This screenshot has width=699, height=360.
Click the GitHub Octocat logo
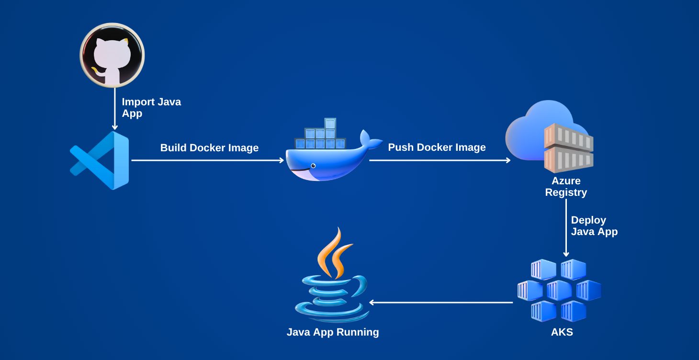pos(112,55)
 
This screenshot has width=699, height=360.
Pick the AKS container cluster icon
pos(559,290)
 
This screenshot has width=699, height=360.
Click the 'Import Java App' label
pos(151,108)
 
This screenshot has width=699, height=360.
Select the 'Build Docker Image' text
pos(209,148)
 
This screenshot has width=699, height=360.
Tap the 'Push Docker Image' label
pos(437,147)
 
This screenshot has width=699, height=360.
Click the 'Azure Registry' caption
pos(566,187)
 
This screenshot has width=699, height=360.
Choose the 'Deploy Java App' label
pos(594,226)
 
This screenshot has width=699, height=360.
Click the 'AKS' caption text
pos(562,332)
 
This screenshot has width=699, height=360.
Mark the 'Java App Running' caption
pos(333,332)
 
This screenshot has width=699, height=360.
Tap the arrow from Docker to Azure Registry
pos(440,160)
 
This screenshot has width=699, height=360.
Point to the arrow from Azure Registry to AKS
pos(566,228)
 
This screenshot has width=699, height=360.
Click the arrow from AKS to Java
pos(441,302)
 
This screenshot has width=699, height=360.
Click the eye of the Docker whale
pos(313,166)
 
